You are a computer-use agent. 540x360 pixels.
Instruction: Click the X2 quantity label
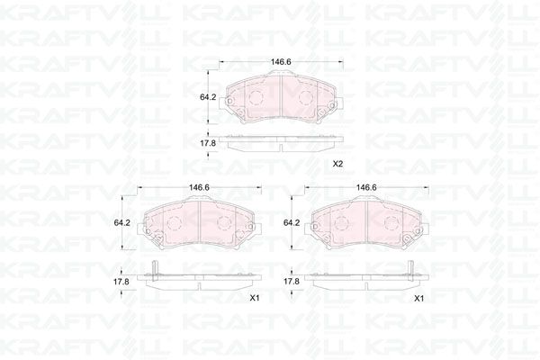337,165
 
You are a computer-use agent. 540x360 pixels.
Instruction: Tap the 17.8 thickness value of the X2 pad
206,142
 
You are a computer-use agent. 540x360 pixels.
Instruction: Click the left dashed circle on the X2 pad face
256,96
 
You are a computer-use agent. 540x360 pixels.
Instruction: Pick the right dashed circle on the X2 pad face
306,96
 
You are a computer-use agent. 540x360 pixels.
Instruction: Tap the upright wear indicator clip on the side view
157,266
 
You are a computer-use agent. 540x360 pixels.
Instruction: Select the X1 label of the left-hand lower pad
255,298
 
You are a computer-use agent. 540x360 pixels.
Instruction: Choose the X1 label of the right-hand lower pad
418,298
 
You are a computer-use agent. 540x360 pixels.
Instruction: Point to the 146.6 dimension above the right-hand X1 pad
364,187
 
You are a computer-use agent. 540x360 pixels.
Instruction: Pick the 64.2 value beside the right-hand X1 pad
291,222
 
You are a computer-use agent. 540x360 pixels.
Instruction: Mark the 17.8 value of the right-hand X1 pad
291,281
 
